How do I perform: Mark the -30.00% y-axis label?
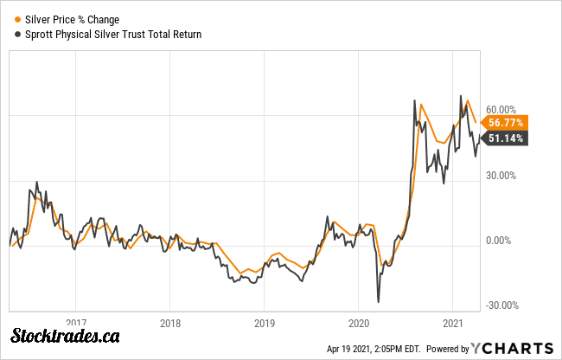(x=501, y=305)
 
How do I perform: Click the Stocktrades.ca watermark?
(x=65, y=337)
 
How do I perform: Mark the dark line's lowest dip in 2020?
(x=379, y=301)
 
